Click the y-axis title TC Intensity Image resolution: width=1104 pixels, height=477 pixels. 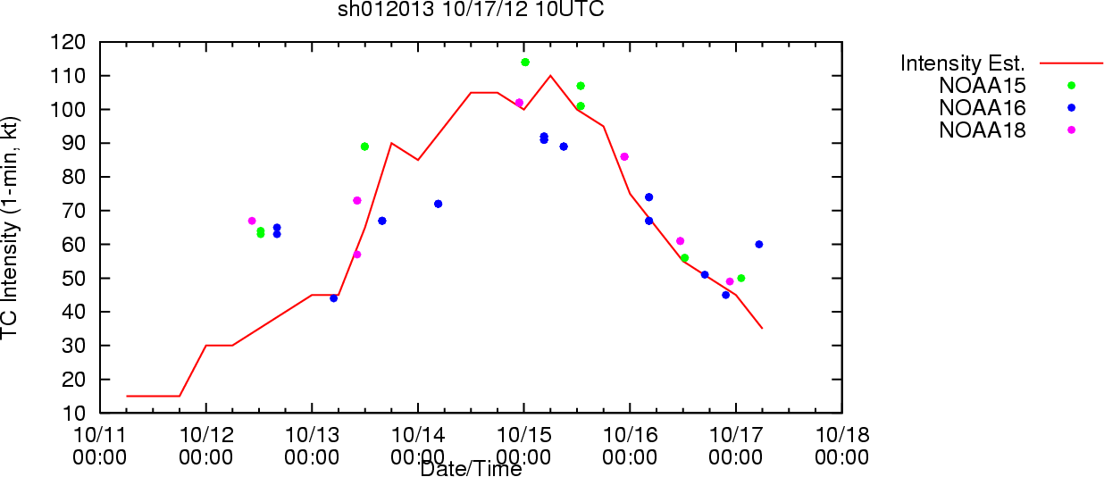coord(10,228)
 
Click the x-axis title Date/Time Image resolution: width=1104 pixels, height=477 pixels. coord(471,469)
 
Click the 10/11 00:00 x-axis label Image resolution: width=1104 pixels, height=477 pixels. coord(100,446)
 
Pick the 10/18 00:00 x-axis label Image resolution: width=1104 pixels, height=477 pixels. coord(841,446)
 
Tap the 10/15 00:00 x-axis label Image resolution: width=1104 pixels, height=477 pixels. coord(523,446)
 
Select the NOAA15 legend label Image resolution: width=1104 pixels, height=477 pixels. coord(982,86)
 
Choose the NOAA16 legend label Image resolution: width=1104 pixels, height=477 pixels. coord(982,108)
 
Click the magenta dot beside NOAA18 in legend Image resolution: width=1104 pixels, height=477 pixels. coord(1072,130)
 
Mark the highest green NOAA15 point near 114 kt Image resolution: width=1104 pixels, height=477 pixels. coord(525,63)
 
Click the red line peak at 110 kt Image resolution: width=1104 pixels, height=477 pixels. coord(550,76)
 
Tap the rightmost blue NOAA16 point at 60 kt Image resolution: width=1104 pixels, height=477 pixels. coord(759,245)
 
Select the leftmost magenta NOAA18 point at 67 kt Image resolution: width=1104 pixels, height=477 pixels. coord(252,221)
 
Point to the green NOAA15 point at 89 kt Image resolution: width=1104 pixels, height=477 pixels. coord(364,146)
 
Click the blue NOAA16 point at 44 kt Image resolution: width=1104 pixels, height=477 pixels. coord(333,298)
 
